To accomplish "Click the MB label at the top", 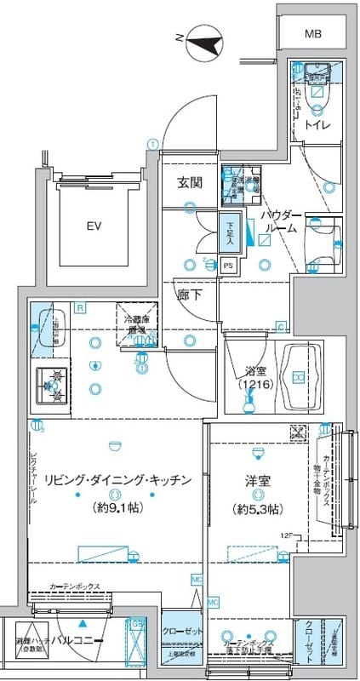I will [x=313, y=34].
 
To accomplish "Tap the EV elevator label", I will [x=94, y=226].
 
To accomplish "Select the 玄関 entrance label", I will [x=188, y=182].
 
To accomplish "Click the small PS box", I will [x=227, y=266].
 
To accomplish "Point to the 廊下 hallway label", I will [x=188, y=297].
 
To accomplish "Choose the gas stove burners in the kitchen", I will [x=54, y=386].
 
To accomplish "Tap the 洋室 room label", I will [x=255, y=481].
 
